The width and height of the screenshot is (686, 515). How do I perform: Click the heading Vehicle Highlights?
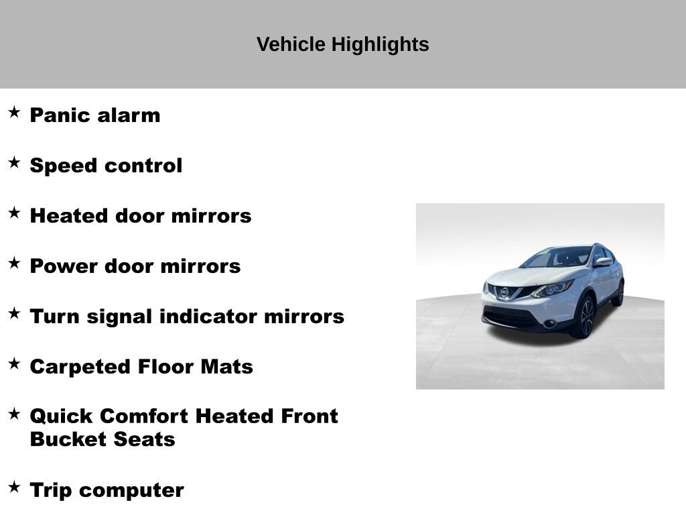click(342, 44)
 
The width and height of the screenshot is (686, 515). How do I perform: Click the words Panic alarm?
click(95, 115)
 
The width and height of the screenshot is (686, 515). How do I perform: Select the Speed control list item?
click(106, 165)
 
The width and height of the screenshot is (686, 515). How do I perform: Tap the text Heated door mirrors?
click(141, 215)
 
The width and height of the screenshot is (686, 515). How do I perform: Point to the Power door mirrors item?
click(135, 266)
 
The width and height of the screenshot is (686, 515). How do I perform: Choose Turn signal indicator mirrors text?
click(187, 316)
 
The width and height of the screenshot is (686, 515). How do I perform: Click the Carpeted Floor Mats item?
click(141, 366)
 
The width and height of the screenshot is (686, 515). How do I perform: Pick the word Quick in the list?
click(62, 416)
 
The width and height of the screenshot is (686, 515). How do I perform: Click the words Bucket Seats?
click(102, 439)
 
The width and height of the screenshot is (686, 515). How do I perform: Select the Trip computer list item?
click(107, 490)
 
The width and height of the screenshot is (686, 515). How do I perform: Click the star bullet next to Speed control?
click(14, 162)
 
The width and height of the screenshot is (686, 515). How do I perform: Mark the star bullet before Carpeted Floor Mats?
click(14, 363)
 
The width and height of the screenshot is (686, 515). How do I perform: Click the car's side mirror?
click(602, 262)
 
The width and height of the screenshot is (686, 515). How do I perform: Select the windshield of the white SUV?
click(557, 257)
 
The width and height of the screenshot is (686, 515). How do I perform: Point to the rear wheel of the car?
click(618, 293)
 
